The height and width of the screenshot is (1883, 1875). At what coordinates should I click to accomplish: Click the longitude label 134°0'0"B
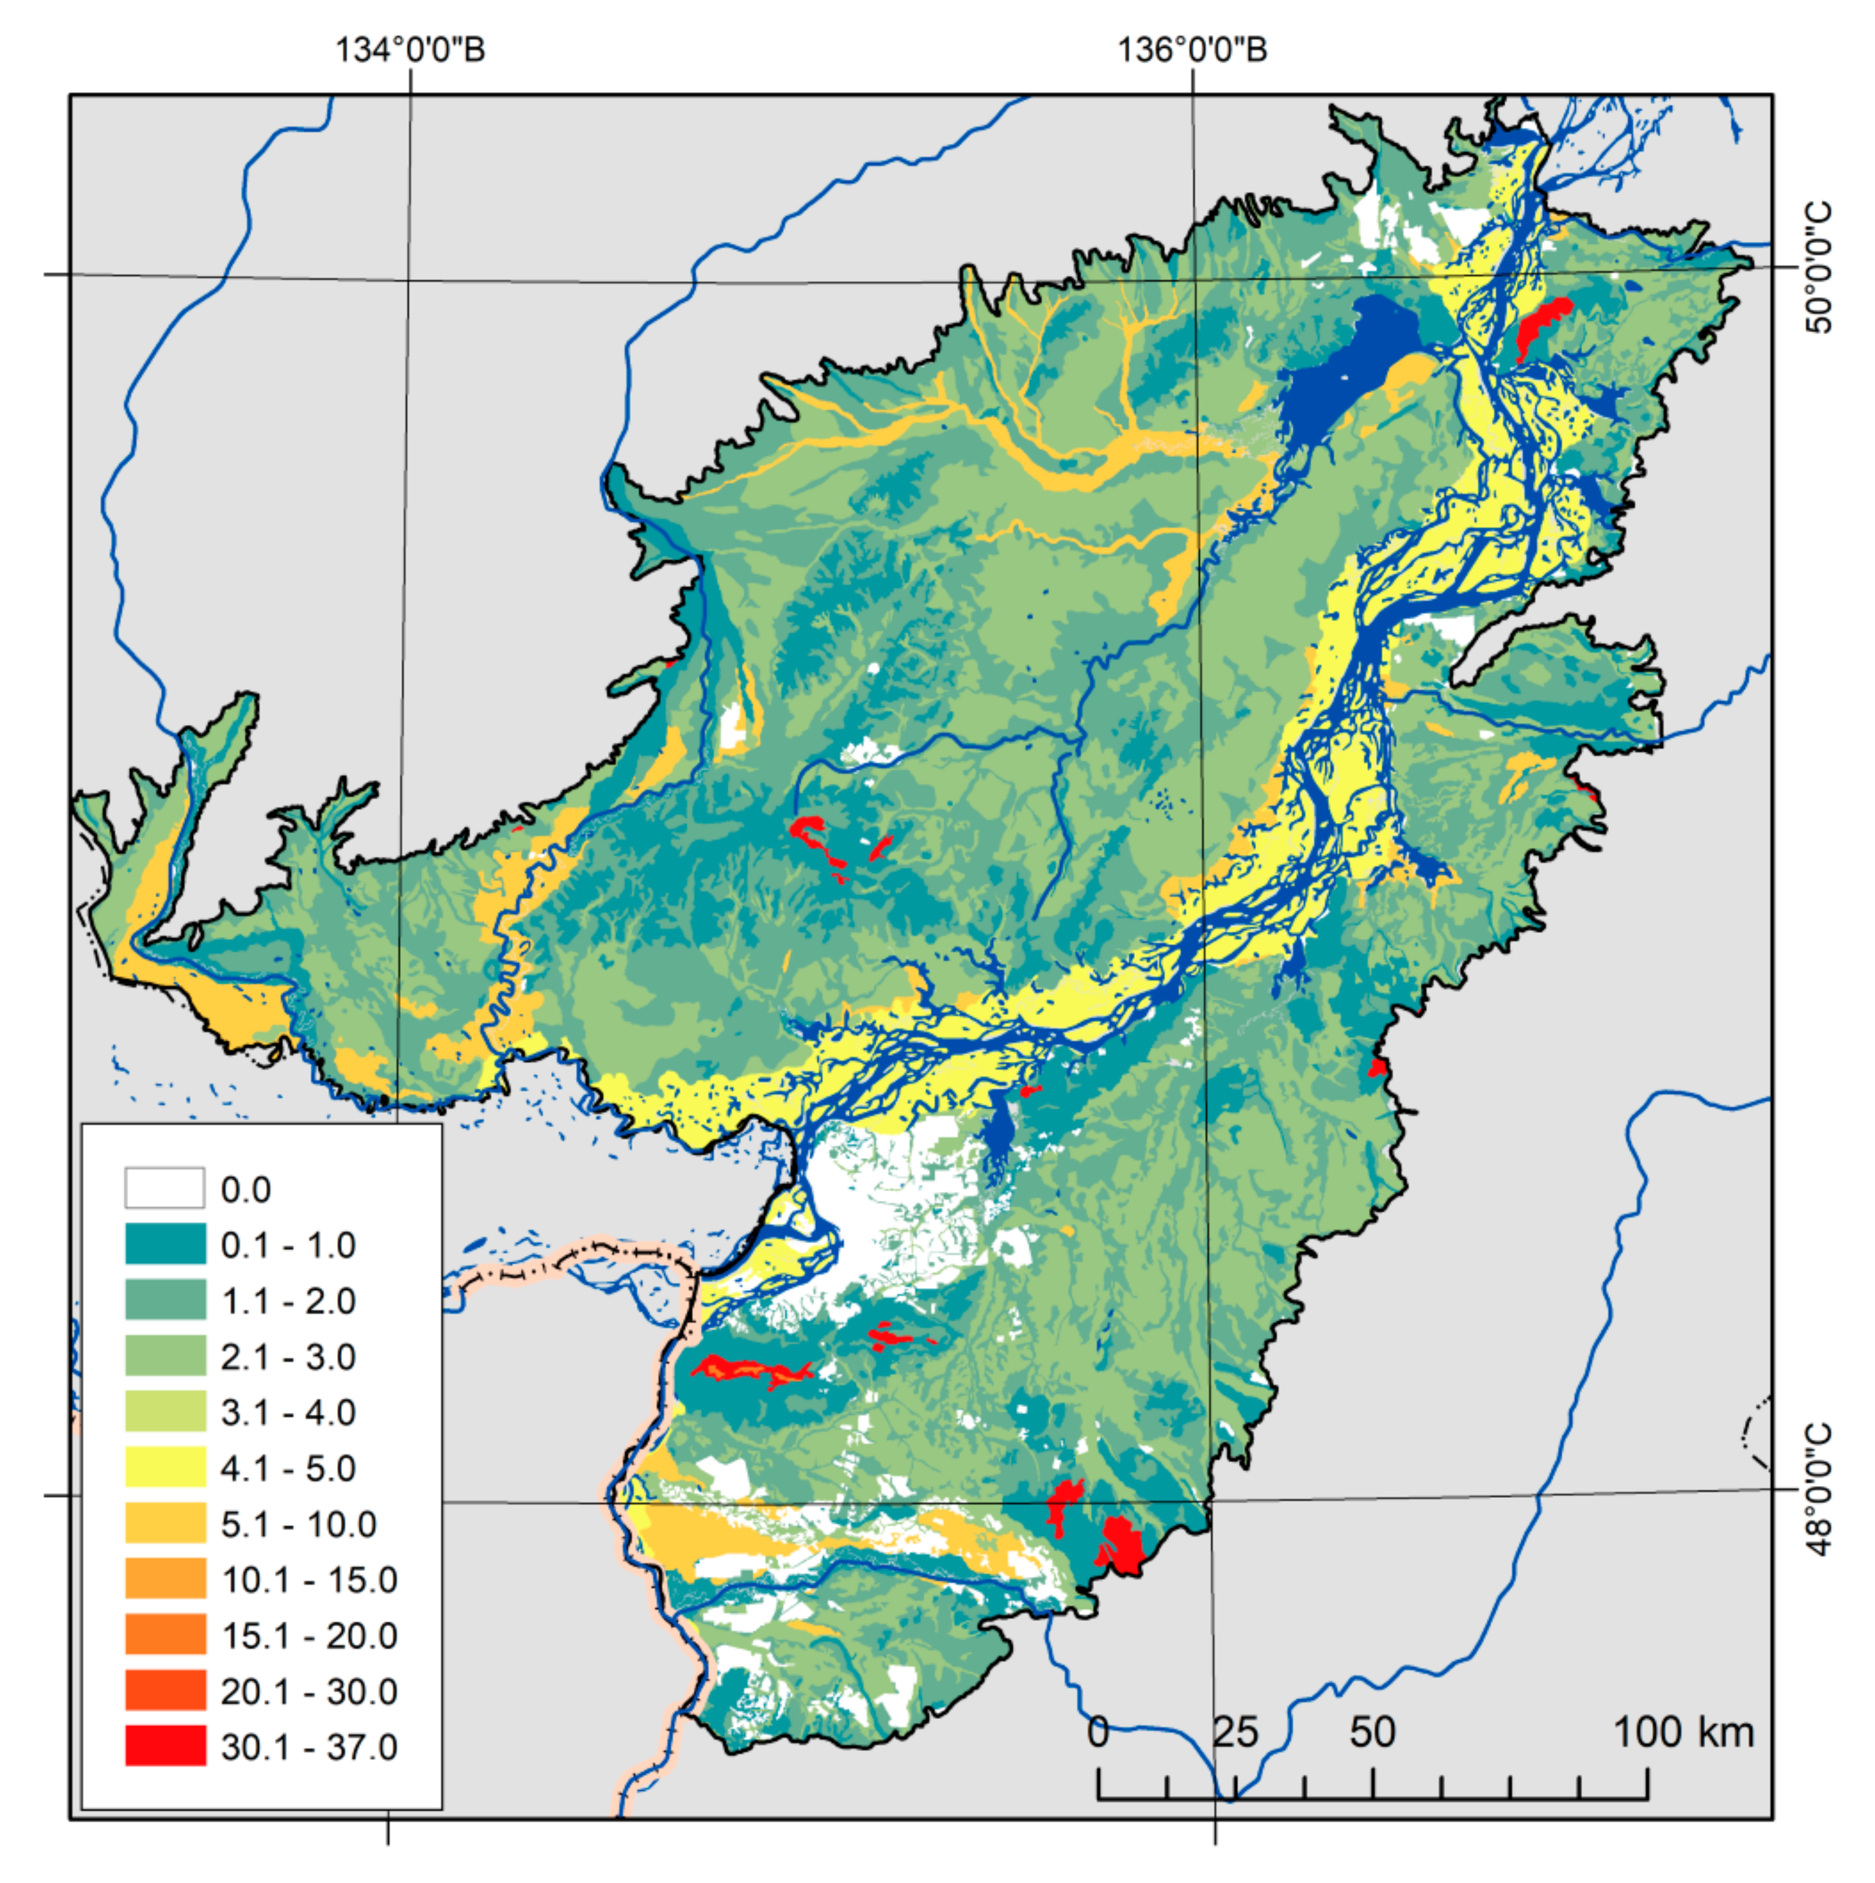[411, 49]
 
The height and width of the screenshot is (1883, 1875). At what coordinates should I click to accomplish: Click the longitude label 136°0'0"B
[1192, 49]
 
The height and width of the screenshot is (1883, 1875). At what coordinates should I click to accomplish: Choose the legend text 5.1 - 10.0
[298, 1524]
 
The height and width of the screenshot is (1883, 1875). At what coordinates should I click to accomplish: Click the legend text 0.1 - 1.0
[288, 1246]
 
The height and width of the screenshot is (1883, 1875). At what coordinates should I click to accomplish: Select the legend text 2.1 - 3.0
[288, 1357]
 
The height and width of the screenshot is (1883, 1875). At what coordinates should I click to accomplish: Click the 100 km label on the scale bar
[1683, 1733]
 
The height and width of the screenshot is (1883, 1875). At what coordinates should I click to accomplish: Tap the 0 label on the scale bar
[1098, 1733]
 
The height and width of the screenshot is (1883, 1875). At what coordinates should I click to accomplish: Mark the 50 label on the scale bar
[1372, 1733]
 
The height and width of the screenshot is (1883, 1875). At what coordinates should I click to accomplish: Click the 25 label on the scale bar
[1235, 1733]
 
